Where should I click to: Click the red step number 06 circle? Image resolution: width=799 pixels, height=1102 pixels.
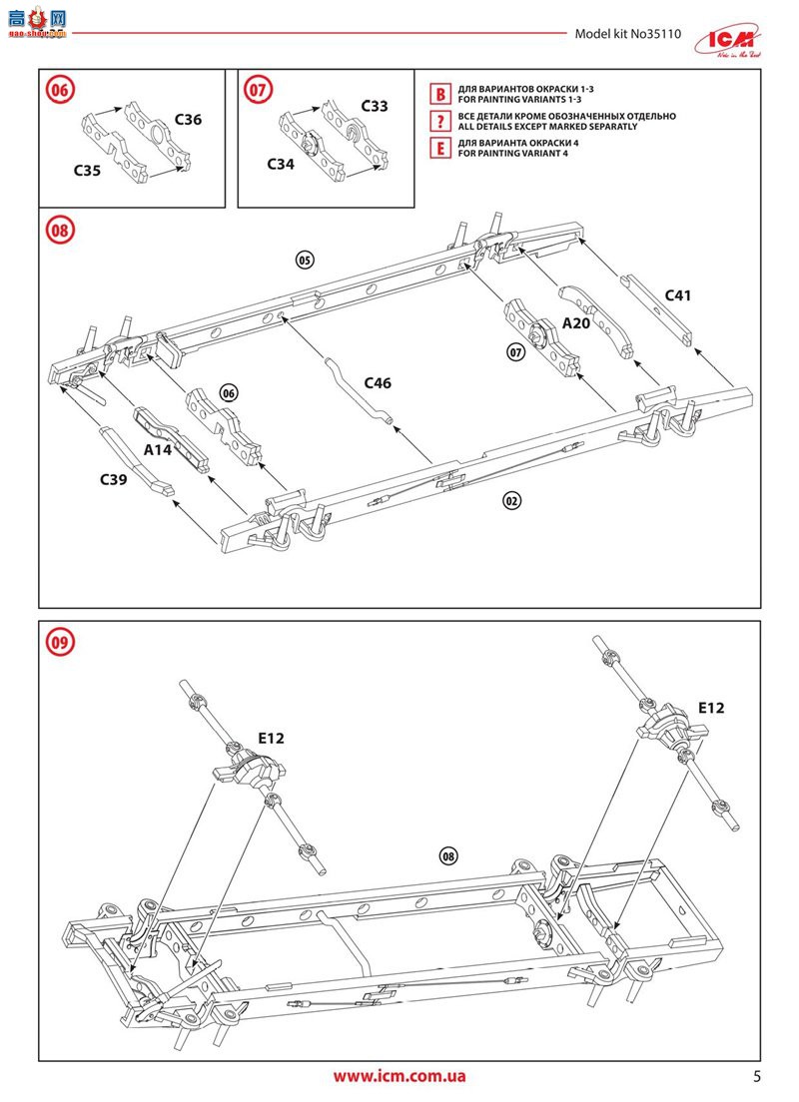(x=59, y=90)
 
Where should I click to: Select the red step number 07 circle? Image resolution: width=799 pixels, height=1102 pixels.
(x=258, y=90)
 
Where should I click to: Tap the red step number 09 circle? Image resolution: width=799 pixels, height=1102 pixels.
(x=59, y=642)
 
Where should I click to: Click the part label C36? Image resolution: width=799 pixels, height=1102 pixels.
(x=188, y=120)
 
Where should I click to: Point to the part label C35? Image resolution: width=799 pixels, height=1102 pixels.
(x=87, y=171)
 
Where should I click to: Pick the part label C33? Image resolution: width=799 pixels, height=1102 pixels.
(x=375, y=106)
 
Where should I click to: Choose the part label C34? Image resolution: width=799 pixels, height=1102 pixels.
(x=281, y=163)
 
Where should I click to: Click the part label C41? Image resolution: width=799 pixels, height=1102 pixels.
(x=678, y=295)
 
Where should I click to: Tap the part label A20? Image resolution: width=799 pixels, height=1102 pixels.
(x=576, y=324)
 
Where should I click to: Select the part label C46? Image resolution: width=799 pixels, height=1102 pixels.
(x=378, y=383)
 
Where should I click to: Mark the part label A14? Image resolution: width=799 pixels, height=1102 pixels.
(x=158, y=450)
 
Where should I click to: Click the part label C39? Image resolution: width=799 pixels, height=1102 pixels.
(x=113, y=479)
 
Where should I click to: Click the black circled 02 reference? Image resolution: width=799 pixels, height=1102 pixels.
(x=512, y=501)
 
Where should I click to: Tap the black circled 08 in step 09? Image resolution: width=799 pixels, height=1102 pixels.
(x=447, y=855)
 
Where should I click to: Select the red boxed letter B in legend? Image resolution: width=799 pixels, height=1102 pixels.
(x=438, y=95)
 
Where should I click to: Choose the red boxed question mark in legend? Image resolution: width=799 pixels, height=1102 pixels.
(x=438, y=122)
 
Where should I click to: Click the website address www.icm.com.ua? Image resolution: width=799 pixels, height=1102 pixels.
(x=399, y=1076)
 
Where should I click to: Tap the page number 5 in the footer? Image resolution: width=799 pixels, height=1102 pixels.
(x=756, y=1076)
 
